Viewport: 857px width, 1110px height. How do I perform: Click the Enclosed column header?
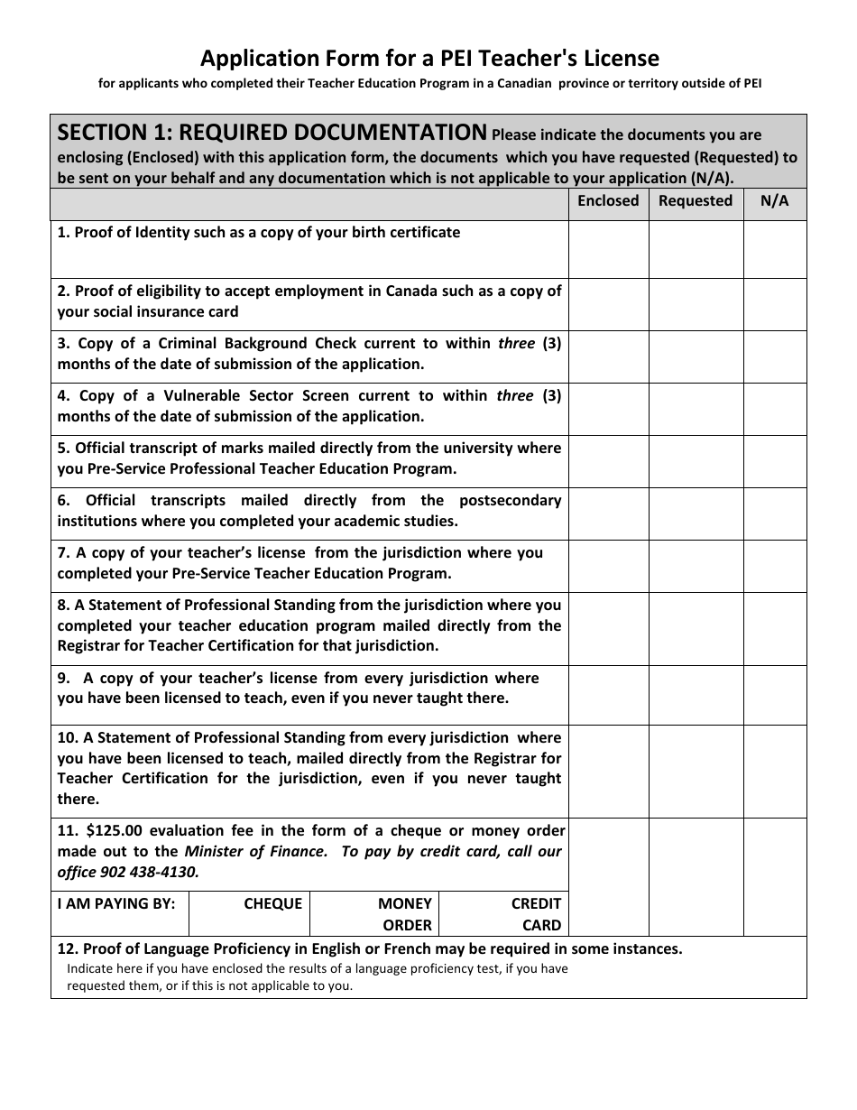[608, 201]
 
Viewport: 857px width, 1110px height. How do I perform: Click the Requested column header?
[695, 201]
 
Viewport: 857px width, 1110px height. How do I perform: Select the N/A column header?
[774, 201]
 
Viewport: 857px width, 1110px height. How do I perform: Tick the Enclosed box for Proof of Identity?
[608, 249]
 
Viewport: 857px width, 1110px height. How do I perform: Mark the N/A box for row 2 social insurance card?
[774, 304]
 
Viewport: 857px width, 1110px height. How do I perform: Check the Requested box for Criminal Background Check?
[695, 356]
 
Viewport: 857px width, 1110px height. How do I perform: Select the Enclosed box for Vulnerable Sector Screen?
[608, 409]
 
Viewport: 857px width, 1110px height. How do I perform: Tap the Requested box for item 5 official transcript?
[695, 461]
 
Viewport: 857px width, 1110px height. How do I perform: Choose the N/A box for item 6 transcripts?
[774, 513]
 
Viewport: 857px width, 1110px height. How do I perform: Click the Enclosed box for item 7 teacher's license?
[608, 566]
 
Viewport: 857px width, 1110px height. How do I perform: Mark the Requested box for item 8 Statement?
[695, 628]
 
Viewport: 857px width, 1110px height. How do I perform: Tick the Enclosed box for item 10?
[608, 771]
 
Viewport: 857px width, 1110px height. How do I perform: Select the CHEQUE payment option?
[272, 903]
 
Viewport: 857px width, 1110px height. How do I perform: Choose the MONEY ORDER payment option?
[406, 913]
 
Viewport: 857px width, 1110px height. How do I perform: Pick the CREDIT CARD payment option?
[536, 913]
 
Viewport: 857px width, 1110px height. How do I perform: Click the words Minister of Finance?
[255, 851]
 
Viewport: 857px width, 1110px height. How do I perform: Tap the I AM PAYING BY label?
[116, 903]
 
